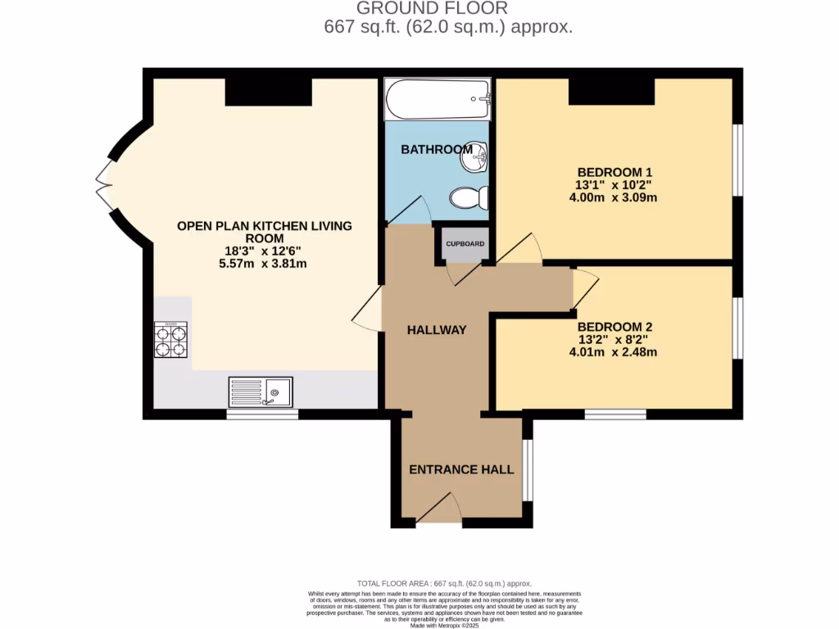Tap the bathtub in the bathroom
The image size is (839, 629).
point(438,100)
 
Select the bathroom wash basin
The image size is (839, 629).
point(474,157)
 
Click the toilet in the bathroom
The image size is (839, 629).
point(469,198)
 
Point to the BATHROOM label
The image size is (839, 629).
point(436,149)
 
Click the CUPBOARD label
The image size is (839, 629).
point(465,244)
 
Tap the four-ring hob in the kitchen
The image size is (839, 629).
point(170,339)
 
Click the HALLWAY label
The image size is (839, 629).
point(437,330)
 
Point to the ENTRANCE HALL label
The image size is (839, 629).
point(461,469)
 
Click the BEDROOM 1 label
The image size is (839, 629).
point(615,172)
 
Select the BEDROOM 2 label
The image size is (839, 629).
point(615,326)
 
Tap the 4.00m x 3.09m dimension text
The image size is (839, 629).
point(615,197)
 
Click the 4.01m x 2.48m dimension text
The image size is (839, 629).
point(615,352)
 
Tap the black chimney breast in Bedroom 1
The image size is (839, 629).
point(611,92)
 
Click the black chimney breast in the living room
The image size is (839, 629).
point(268,92)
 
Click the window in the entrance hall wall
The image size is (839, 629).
point(528,470)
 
